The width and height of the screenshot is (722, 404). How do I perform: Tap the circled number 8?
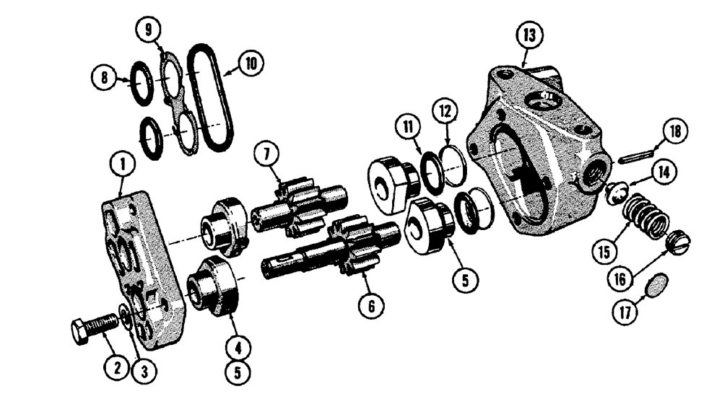point(105,77)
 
